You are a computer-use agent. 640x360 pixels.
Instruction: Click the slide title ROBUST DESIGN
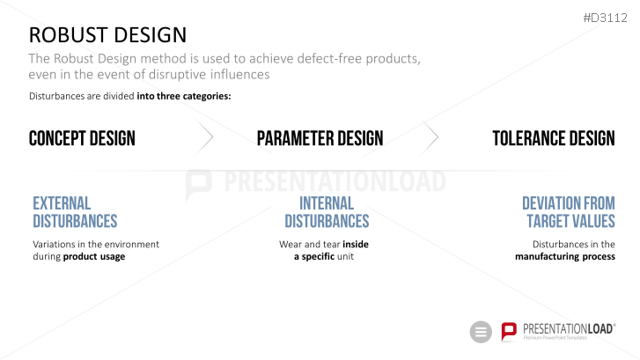point(107,34)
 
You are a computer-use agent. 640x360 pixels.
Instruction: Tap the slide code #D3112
point(606,18)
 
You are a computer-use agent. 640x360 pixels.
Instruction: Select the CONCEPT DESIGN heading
point(82,138)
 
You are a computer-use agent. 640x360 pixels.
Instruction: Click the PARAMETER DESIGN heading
point(320,138)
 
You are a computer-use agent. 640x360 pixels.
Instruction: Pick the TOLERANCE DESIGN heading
point(554,138)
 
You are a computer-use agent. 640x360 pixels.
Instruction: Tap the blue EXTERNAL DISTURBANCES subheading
point(75,212)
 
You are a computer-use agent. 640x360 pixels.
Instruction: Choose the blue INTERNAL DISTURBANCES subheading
point(327,212)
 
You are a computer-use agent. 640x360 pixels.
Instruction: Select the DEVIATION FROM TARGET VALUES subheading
point(569,212)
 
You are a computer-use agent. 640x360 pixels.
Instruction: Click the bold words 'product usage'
point(94,257)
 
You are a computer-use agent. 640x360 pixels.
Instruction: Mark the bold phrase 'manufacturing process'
point(565,257)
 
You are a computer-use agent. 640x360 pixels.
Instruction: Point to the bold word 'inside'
point(356,244)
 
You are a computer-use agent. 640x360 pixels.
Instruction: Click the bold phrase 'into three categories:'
point(184,96)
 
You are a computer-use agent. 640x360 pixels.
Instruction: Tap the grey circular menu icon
point(481,332)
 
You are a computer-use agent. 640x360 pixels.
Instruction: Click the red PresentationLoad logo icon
point(509,332)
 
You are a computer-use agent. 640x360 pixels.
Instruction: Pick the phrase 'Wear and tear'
point(309,244)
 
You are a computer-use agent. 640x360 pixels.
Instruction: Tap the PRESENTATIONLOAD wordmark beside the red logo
point(570,329)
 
